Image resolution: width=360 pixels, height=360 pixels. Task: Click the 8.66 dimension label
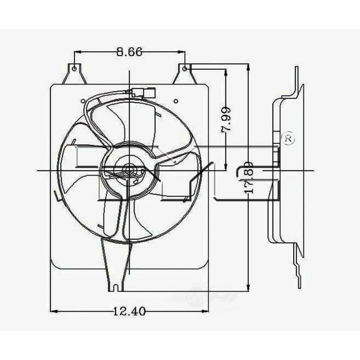click(x=129, y=53)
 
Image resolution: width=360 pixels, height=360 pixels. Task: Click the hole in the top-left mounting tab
click(x=74, y=67)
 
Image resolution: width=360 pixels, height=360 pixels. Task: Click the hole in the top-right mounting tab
click(x=185, y=67)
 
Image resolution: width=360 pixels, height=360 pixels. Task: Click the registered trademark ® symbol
click(x=288, y=139)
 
